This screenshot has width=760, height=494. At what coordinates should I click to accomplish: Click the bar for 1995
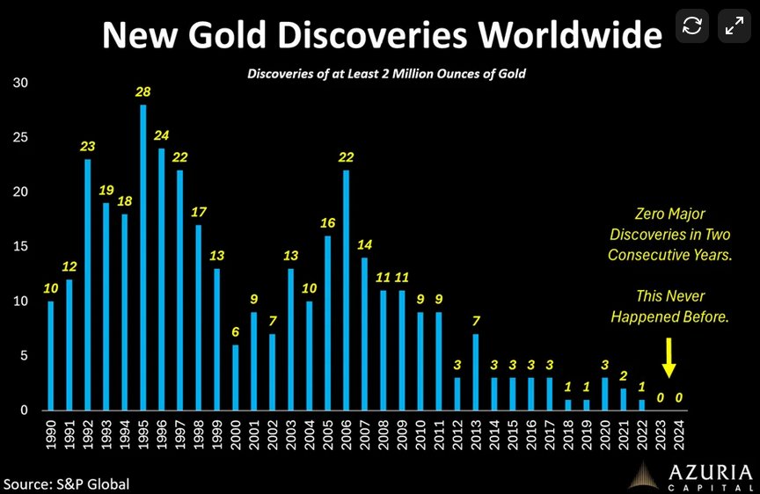click(142, 258)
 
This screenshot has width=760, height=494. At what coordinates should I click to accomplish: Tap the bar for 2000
click(235, 377)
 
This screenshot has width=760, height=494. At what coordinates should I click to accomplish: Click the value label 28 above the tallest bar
click(142, 92)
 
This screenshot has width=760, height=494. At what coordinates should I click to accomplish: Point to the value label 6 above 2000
click(235, 332)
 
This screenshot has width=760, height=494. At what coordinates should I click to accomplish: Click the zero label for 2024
click(678, 397)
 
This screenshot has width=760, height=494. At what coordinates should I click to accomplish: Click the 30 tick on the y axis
click(20, 84)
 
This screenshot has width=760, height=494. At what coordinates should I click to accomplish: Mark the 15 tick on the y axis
click(20, 247)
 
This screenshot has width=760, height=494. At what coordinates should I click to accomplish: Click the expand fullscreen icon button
click(734, 25)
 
